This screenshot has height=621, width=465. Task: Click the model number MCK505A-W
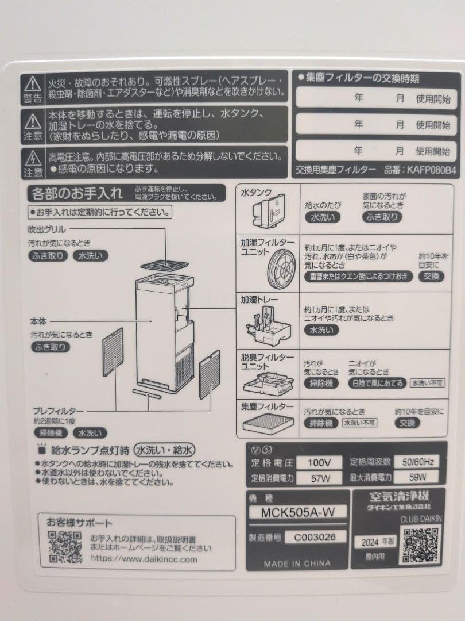tap(298, 512)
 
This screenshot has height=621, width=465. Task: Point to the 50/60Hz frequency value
tap(417, 461)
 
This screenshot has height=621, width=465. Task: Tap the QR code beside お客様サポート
tap(64, 547)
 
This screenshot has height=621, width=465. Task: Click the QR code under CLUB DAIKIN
tap(421, 544)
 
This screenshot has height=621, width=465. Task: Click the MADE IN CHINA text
tap(297, 563)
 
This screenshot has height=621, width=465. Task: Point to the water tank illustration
tap(268, 210)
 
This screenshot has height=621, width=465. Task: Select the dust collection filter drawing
tap(268, 426)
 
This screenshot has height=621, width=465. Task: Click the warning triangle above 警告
tap(33, 84)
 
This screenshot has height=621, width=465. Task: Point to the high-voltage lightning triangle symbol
tap(33, 158)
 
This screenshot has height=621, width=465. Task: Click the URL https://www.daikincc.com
tap(144, 558)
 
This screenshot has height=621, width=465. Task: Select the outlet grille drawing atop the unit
tap(164, 265)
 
